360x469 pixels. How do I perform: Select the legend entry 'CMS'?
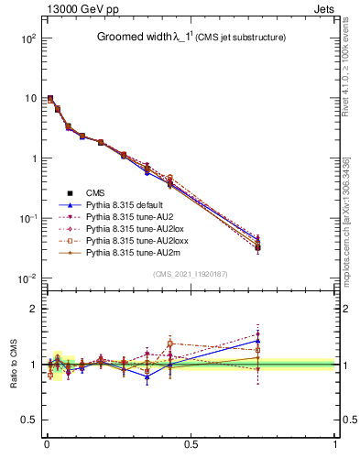point(95,191)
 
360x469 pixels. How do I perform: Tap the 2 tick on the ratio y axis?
point(31,309)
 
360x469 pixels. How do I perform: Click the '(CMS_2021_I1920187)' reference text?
point(190,273)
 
